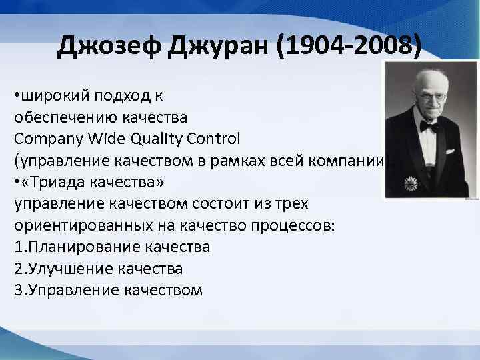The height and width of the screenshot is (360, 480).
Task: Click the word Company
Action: pos(46,139)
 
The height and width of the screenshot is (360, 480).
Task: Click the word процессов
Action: pos(293,225)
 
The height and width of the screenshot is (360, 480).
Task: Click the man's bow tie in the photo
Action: pos(428,126)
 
